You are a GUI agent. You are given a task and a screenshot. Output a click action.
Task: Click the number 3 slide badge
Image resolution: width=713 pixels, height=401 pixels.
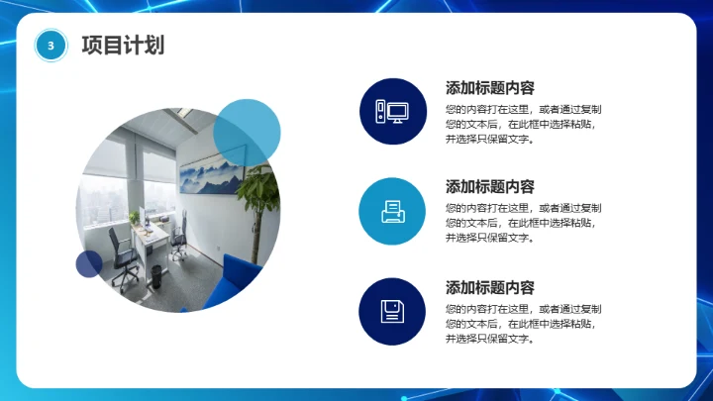(50, 46)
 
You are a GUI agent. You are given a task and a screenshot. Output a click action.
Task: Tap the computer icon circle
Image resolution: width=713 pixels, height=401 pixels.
(392, 112)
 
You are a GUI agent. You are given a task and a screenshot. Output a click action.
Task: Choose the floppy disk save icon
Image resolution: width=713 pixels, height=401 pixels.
(392, 312)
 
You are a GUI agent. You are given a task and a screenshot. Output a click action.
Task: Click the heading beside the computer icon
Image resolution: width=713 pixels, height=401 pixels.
(490, 86)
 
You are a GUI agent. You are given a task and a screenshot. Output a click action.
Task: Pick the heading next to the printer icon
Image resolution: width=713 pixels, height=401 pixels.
(490, 186)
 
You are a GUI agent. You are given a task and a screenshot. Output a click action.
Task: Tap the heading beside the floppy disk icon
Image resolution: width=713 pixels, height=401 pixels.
(490, 287)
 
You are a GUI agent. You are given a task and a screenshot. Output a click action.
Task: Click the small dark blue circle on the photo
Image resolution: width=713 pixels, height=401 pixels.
(89, 263)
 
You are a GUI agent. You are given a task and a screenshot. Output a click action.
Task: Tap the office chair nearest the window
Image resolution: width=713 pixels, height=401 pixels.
(121, 248)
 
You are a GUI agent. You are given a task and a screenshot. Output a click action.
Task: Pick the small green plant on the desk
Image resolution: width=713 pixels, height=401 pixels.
(133, 216)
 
